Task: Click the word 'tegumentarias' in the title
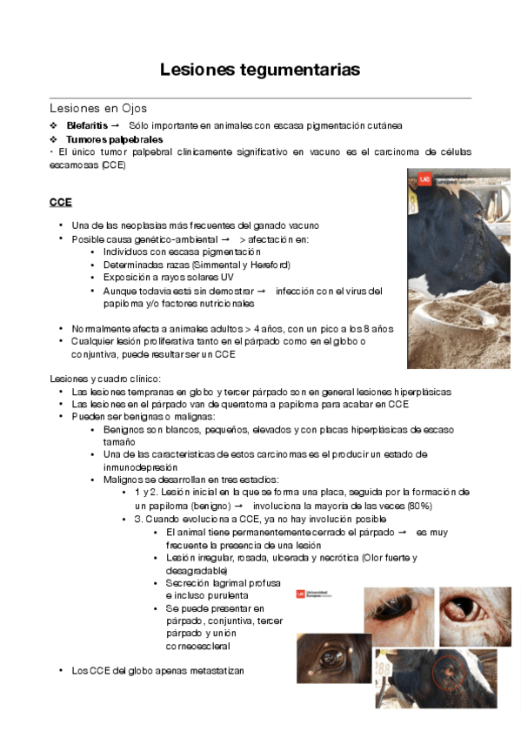tap(298, 70)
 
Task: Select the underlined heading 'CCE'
tap(60, 202)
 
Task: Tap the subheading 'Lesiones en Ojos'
tap(98, 109)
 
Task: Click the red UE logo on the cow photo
tap(424, 178)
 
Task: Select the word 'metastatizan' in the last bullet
tap(217, 671)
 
